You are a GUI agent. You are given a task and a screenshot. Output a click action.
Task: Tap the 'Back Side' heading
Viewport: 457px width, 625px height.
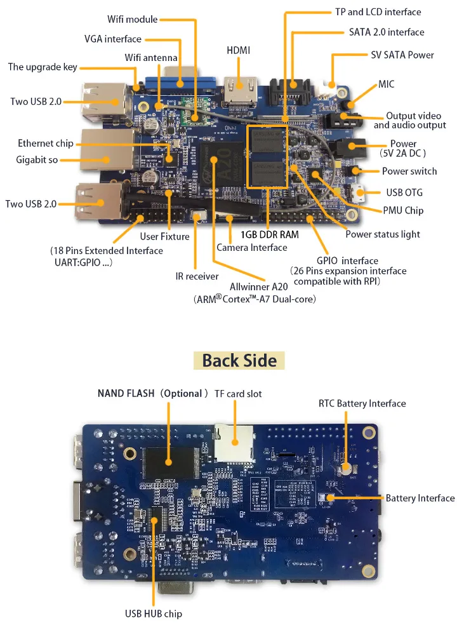coord(239,361)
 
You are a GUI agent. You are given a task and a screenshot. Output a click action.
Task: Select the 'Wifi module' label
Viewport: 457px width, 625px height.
coord(132,20)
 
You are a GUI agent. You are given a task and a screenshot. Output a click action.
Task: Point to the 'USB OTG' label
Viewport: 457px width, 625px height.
coord(404,192)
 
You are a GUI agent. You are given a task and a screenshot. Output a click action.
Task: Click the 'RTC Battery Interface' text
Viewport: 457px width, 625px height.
coord(362,403)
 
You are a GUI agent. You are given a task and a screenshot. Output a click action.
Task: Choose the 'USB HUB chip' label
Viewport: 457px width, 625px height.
coord(153,614)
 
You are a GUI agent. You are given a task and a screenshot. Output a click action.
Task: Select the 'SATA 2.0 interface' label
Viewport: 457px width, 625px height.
coord(387,32)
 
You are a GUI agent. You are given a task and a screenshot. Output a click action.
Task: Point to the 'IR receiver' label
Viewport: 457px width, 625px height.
coord(197,276)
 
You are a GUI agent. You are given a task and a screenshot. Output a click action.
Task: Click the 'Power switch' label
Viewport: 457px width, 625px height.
coord(409,171)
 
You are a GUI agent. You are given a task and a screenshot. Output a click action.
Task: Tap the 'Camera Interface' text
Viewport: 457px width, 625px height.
coord(252,248)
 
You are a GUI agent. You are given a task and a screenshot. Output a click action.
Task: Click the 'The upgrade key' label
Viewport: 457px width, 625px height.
coord(42,67)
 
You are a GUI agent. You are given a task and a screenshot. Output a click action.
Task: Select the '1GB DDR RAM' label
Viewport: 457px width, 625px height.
coord(269,234)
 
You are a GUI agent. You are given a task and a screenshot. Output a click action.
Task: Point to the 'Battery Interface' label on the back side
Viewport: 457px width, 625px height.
coord(420,498)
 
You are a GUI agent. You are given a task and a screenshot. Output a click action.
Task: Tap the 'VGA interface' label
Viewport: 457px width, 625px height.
coord(113,39)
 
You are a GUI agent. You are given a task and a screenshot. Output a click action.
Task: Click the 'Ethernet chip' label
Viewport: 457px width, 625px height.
coord(45,144)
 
